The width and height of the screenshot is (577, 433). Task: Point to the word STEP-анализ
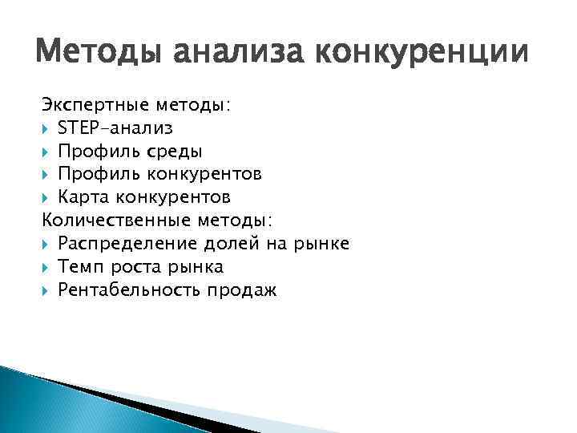click(x=115, y=127)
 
